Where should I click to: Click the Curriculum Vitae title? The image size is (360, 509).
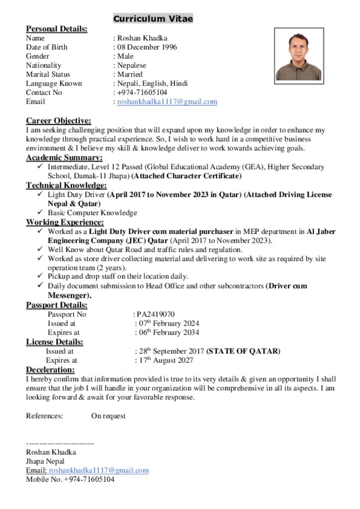(153, 19)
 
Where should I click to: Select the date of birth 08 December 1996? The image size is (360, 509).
(147, 47)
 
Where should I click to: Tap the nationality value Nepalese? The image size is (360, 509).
(132, 65)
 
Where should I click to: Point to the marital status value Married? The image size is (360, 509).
(130, 74)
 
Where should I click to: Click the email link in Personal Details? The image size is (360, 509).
(167, 101)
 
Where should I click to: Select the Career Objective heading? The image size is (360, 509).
(58, 121)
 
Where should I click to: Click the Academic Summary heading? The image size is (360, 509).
(64, 158)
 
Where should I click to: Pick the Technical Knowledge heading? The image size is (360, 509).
(66, 185)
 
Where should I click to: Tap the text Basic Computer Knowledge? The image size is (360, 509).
(92, 213)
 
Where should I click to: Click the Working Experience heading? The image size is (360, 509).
(65, 222)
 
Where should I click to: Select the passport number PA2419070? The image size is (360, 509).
(156, 314)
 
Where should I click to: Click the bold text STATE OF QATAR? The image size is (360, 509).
(244, 351)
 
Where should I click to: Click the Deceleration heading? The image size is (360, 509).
(50, 370)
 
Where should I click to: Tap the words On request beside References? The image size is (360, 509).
(108, 416)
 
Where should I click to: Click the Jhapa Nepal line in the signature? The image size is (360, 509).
(45, 461)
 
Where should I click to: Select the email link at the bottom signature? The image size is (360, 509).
(98, 470)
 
